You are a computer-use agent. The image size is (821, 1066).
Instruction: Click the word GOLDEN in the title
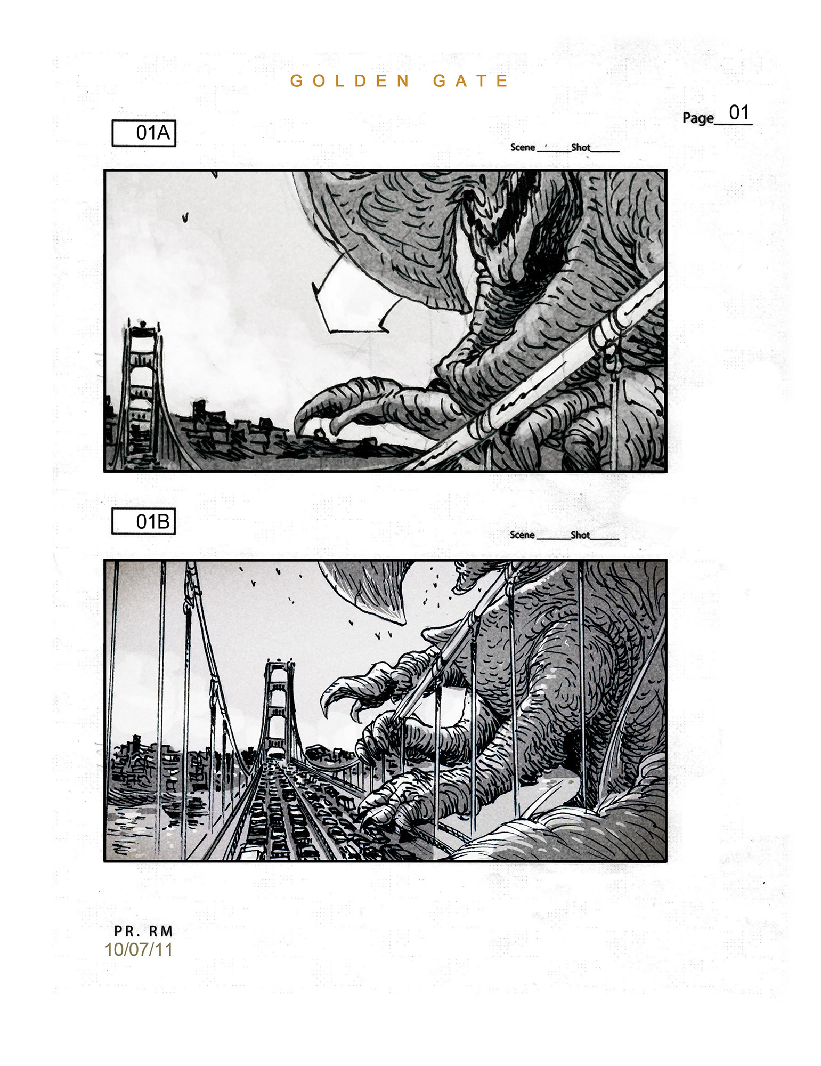[350, 81]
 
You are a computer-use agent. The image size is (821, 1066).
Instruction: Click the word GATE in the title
[470, 81]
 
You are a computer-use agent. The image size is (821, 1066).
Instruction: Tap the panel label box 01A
[143, 133]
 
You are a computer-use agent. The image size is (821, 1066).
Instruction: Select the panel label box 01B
[143, 521]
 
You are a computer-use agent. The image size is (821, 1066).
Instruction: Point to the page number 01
[739, 112]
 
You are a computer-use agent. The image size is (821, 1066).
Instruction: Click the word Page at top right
[698, 118]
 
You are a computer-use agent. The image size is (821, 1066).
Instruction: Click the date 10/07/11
[139, 949]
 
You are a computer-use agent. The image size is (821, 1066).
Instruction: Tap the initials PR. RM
[143, 931]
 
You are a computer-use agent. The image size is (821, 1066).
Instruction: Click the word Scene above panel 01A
[522, 147]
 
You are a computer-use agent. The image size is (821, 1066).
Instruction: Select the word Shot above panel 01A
[581, 147]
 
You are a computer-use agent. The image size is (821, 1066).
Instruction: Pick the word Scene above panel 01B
[522, 535]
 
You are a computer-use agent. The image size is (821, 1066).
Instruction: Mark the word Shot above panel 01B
[580, 535]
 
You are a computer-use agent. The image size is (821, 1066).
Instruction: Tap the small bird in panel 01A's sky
[185, 217]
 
